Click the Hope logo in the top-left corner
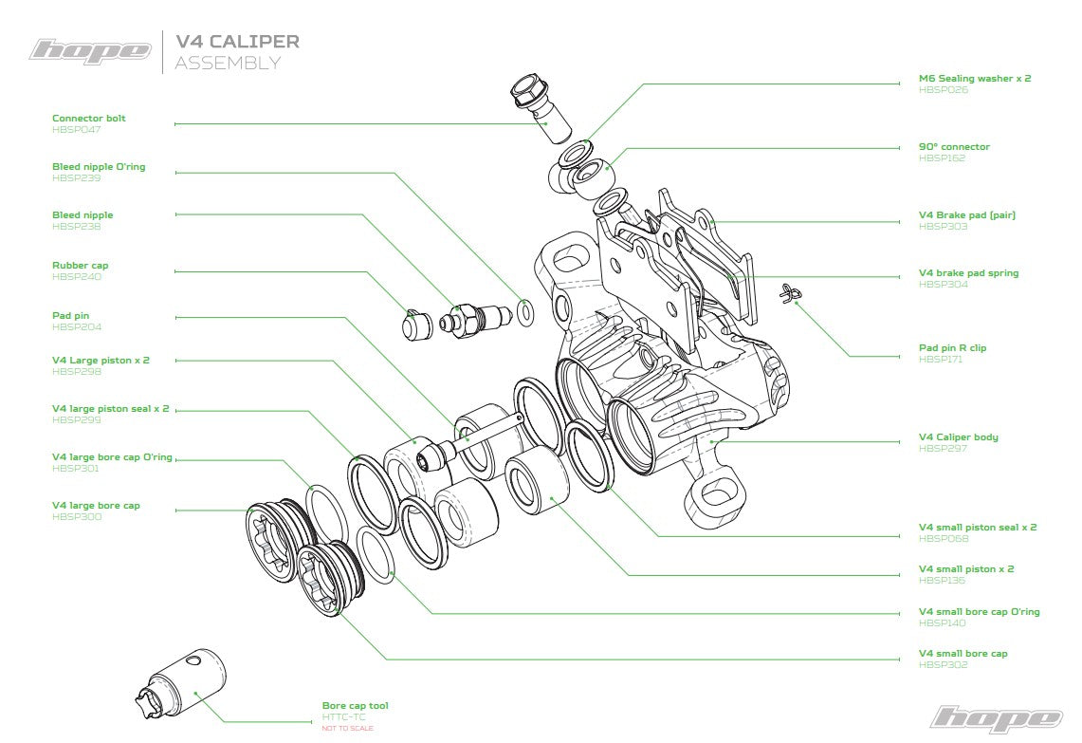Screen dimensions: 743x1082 click(x=90, y=49)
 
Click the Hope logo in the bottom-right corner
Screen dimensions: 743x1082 click(x=995, y=717)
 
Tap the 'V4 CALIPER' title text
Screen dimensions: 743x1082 click(x=237, y=42)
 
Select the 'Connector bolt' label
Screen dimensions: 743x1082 click(x=88, y=119)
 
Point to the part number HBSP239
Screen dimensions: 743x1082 click(x=76, y=177)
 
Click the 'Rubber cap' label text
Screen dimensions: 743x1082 click(x=80, y=266)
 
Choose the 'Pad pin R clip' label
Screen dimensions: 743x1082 click(x=952, y=348)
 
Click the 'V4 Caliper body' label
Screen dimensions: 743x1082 click(x=958, y=437)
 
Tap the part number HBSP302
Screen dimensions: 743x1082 click(x=943, y=664)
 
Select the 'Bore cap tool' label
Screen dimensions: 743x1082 click(x=355, y=706)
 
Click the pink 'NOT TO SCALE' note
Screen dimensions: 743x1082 click(x=347, y=728)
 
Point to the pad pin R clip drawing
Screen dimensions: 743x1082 click(x=788, y=295)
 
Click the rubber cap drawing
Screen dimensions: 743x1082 click(x=414, y=326)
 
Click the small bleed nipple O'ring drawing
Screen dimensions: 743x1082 click(x=524, y=310)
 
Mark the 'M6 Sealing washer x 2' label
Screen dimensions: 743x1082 click(x=974, y=79)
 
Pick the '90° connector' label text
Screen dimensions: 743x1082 click(x=953, y=147)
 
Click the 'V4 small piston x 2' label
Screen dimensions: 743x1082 click(x=965, y=569)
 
